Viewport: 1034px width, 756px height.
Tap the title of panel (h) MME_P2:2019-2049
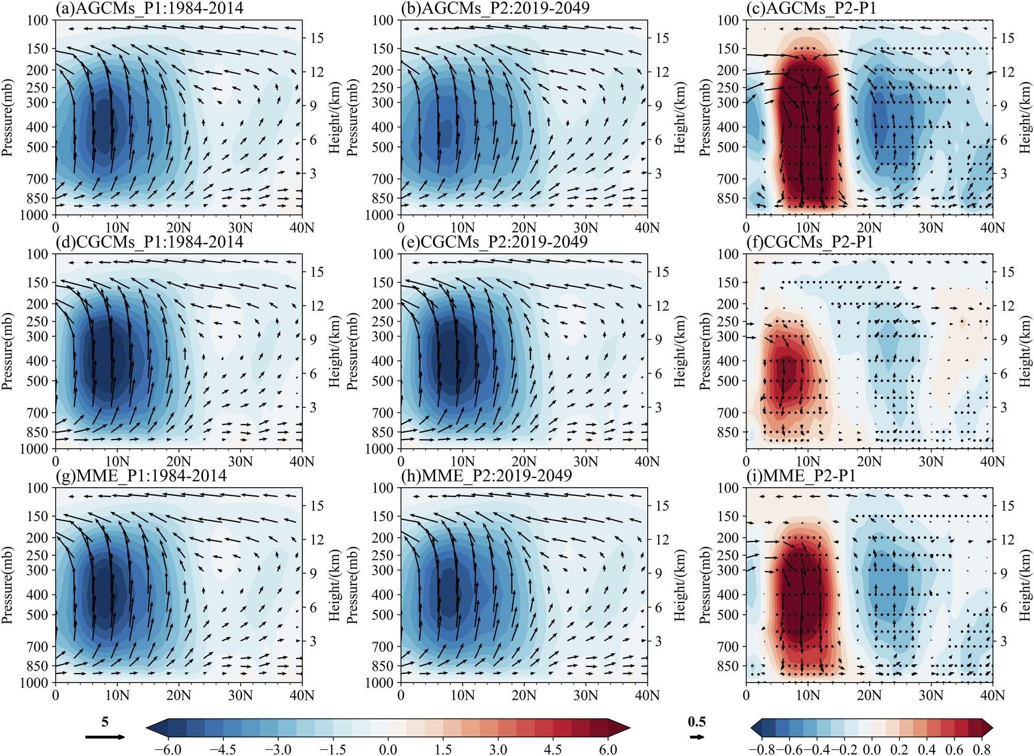point(486,475)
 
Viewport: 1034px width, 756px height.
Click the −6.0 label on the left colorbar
point(169,749)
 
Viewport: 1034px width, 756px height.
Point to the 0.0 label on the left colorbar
point(388,749)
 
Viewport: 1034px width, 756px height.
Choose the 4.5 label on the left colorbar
point(553,749)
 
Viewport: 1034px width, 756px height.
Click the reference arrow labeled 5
point(105,737)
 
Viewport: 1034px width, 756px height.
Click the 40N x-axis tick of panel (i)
point(992,695)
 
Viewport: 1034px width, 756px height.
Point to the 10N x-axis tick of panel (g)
point(117,695)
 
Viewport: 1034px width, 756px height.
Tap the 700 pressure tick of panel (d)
point(38,413)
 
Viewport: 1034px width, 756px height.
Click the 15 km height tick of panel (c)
point(1007,38)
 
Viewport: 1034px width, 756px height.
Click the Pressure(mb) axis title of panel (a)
point(7,117)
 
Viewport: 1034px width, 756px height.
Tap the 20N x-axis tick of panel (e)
point(524,461)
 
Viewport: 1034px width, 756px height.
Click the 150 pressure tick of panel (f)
point(728,282)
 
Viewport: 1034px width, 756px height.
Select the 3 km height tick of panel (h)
point(658,641)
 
